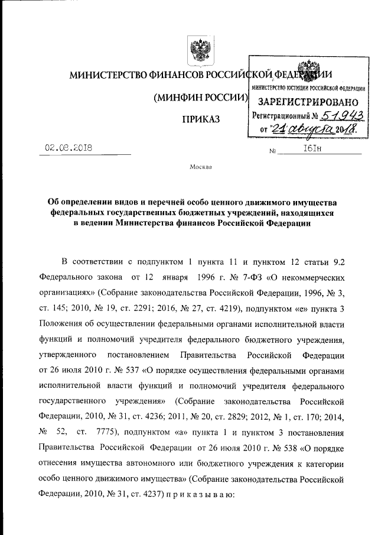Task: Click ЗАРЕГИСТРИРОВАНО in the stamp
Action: (307, 100)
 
